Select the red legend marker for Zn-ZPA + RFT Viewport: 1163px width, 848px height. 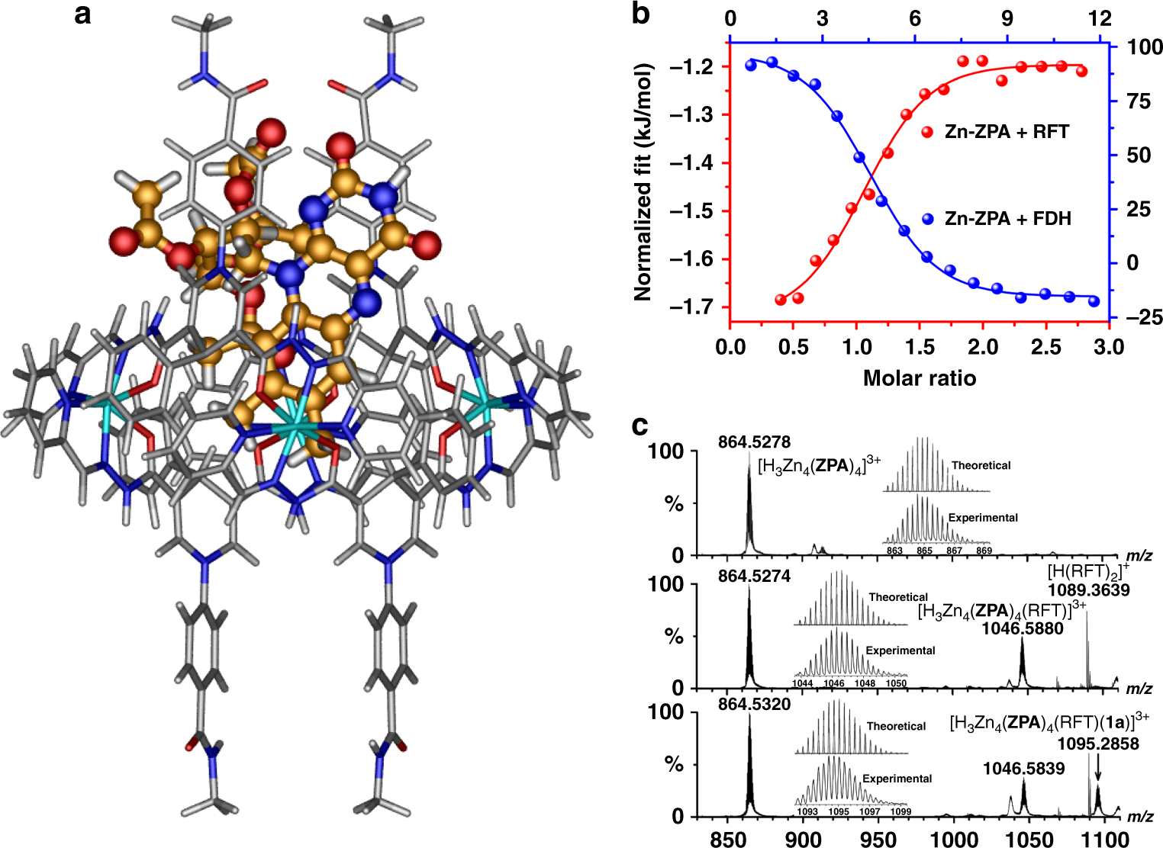[x=927, y=132]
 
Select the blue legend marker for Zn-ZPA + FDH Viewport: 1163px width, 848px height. [x=927, y=219]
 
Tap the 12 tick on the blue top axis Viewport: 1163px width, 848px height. [x=1100, y=18]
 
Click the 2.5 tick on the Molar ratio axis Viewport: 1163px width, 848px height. [x=1045, y=347]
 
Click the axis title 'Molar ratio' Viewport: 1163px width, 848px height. [x=919, y=377]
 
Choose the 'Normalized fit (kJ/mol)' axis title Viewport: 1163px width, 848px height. [x=643, y=181]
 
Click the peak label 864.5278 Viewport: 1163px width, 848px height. [x=754, y=442]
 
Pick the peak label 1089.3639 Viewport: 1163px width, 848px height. [x=1088, y=590]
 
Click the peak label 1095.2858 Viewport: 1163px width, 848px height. [x=1097, y=744]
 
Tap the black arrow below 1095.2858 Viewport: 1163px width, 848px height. [x=1097, y=768]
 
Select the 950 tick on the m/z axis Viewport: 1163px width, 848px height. [x=878, y=839]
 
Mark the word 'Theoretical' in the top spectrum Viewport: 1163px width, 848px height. [x=981, y=465]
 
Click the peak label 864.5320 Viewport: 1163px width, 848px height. [x=754, y=705]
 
